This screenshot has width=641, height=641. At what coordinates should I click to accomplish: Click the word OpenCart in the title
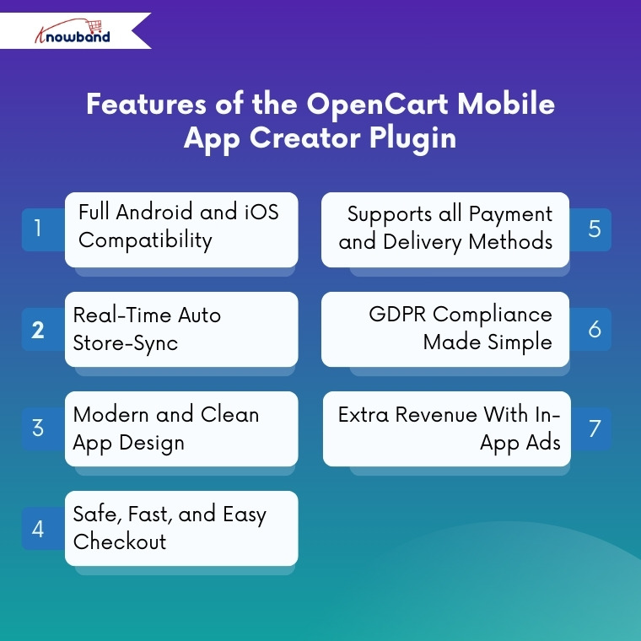point(371,105)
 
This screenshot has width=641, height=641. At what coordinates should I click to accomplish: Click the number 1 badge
point(38,229)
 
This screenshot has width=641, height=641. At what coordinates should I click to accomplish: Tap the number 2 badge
point(38,329)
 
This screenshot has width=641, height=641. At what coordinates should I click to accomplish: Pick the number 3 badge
point(38,428)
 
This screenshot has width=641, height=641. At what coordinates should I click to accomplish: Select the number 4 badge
point(38,529)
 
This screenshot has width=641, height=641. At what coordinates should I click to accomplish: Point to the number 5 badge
point(595,229)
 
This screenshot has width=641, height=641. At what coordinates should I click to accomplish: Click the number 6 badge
point(595,329)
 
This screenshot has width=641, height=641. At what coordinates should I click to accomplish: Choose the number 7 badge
point(595,428)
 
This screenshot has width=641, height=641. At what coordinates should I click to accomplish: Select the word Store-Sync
point(126,343)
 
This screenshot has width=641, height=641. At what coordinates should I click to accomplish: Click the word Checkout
point(120,541)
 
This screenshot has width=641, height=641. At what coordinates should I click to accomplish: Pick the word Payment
point(511,214)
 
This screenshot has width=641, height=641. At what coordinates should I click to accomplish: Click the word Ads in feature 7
point(542,443)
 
